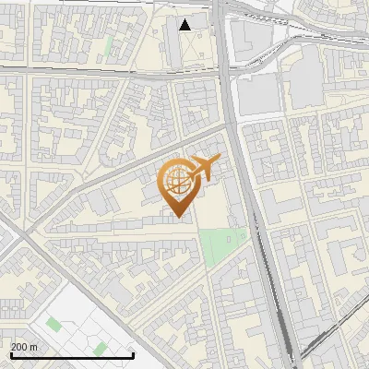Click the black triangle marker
coord(185,25)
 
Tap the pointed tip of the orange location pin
coord(177,216)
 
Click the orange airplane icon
coord(204,168)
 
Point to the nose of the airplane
coord(218,161)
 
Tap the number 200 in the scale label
coord(19,346)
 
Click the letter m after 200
coord(34,346)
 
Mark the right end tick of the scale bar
coord(134,354)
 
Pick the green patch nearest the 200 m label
coord(54,324)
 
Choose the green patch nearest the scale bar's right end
coord(99,348)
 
